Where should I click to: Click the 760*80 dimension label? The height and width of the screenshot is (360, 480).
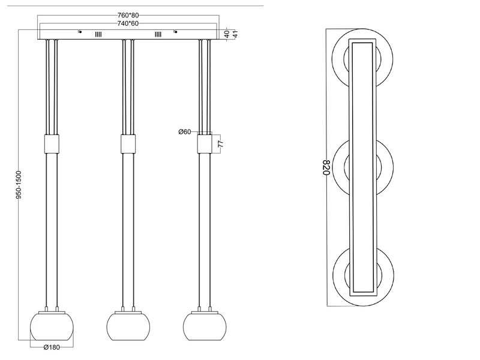click(128, 15)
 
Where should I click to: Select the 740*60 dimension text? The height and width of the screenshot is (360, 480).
click(128, 23)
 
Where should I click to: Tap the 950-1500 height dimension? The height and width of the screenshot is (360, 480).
click(19, 185)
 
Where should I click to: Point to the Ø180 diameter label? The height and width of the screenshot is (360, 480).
click(52, 347)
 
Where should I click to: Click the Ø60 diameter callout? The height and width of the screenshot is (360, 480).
click(185, 131)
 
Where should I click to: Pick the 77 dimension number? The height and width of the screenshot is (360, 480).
click(221, 143)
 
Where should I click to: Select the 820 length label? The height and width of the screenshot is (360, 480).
click(326, 167)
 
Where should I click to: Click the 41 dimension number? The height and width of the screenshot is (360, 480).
click(235, 34)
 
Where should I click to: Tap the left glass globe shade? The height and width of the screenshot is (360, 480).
click(52, 326)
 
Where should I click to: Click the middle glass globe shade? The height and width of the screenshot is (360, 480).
click(128, 326)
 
